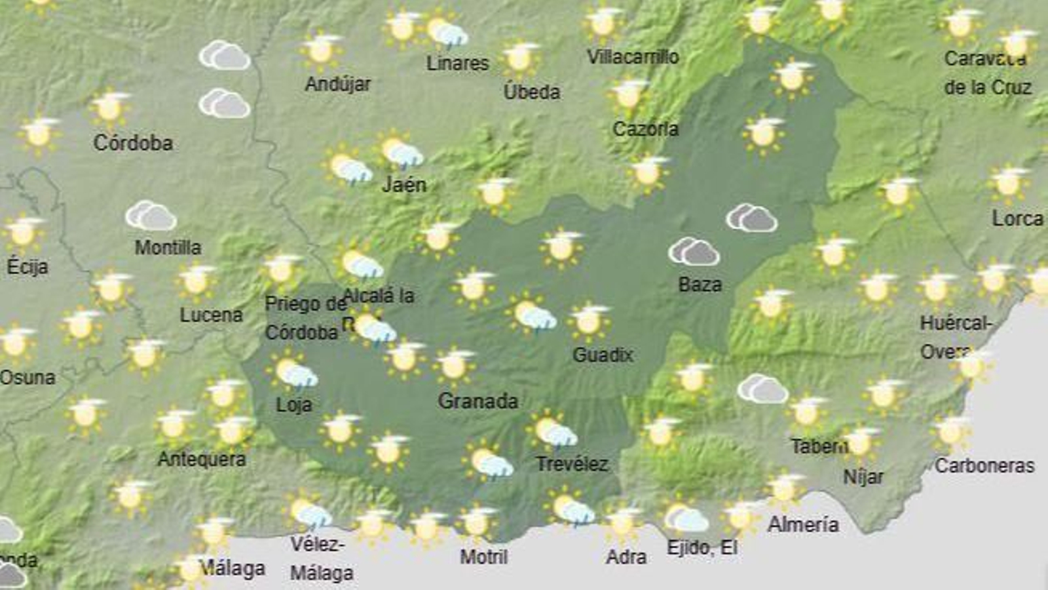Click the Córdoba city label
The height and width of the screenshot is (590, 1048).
[133, 143]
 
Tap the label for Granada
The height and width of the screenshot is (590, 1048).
[477, 401]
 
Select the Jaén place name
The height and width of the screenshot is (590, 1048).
[404, 185]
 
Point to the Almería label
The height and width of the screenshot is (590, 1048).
[803, 524]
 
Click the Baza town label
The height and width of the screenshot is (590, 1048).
[700, 285]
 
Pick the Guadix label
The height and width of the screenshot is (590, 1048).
[603, 355]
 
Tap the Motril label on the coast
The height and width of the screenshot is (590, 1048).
[483, 557]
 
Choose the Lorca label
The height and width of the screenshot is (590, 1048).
[1017, 218]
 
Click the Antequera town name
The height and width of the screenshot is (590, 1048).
[202, 459]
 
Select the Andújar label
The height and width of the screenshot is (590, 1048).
[338, 84]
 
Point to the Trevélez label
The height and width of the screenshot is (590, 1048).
[572, 464]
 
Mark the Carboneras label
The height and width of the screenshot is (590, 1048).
[984, 466]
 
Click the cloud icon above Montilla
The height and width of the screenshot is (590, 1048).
[151, 216]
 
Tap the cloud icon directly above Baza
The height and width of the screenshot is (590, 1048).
[694, 251]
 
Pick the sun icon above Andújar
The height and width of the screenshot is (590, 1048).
[320, 50]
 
